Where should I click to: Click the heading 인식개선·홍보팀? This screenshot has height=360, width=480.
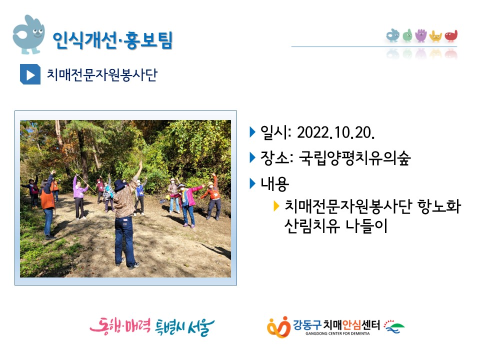[x=112, y=40]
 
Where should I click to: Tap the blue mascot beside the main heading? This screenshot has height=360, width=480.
[x=29, y=34]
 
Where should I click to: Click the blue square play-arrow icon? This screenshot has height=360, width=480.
[x=30, y=74]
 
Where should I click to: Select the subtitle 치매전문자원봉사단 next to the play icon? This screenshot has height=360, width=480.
[x=102, y=74]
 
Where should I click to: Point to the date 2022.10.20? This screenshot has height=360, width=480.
[x=336, y=132]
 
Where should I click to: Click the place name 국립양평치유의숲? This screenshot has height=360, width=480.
[x=354, y=158]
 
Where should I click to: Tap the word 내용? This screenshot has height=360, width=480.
[x=274, y=184]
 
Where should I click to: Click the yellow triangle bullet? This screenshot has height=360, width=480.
[x=276, y=206]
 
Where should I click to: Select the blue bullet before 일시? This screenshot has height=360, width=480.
[x=252, y=132]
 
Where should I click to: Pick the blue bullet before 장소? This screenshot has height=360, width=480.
[x=252, y=157]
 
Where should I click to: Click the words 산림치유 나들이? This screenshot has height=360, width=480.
[x=336, y=226]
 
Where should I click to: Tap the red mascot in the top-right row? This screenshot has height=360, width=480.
[x=451, y=36]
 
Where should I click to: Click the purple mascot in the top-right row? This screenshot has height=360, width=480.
[x=421, y=35]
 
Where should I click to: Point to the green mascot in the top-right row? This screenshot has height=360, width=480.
[x=407, y=35]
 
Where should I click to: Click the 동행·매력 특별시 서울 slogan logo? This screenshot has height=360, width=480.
[x=152, y=326]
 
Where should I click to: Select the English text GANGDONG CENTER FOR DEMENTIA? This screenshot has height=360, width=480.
[x=337, y=333]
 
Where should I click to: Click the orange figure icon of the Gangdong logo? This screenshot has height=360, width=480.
[x=278, y=327]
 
